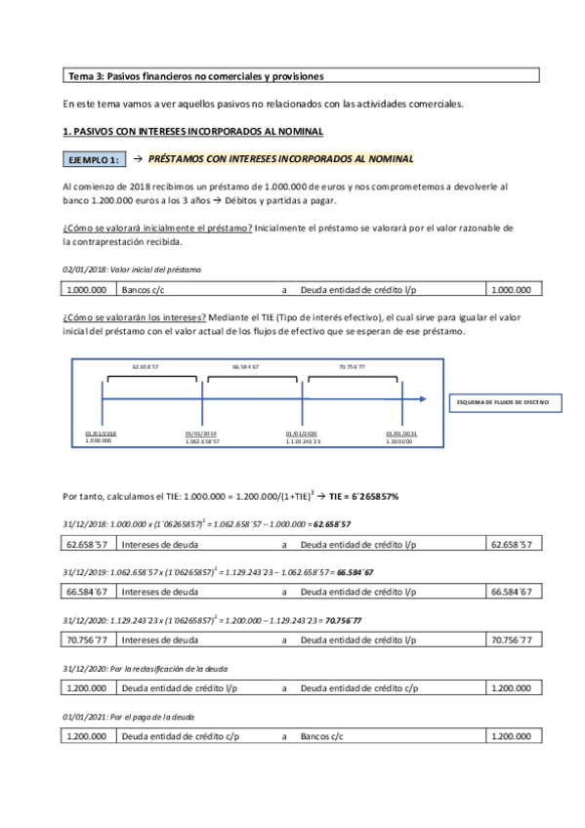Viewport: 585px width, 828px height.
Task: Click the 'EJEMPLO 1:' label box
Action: (93, 159)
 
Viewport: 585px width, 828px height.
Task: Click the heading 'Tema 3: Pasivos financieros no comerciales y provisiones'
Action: (195, 75)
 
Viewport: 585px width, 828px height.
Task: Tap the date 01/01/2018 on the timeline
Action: (101, 434)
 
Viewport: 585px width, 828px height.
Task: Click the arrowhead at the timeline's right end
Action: (422, 398)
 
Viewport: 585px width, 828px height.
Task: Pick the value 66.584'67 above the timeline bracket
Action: (246, 366)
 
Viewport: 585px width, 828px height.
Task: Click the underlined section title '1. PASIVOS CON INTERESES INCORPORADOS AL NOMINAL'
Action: (191, 132)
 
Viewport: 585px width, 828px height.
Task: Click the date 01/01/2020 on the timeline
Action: (303, 434)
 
